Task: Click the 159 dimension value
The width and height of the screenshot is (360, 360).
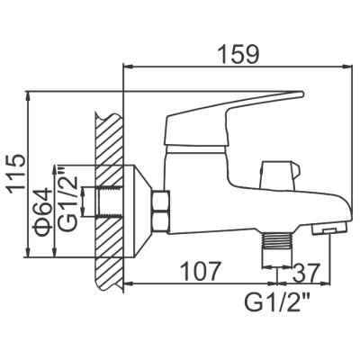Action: point(238,52)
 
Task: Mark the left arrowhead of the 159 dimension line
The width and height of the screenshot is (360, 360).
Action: point(127,66)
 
